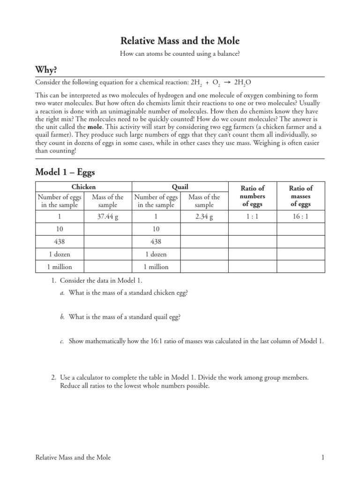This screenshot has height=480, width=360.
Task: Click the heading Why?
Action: click(x=46, y=70)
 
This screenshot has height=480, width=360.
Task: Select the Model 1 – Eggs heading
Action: click(x=65, y=172)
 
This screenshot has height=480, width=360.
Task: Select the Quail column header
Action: click(x=180, y=187)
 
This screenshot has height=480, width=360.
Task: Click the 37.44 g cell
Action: click(x=108, y=217)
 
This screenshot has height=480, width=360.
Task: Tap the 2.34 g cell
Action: click(x=204, y=217)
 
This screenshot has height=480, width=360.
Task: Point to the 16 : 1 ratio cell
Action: click(x=300, y=217)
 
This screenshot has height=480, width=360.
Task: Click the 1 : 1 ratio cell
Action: click(x=252, y=217)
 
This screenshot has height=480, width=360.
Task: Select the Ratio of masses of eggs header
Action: click(x=300, y=196)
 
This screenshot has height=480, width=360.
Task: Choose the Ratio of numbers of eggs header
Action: click(x=252, y=196)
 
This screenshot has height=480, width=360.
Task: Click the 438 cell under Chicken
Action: click(x=60, y=241)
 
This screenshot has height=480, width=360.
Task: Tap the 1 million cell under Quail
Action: click(x=156, y=267)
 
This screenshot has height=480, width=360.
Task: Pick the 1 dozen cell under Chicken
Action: click(x=60, y=254)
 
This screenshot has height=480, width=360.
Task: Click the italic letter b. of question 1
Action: click(x=62, y=317)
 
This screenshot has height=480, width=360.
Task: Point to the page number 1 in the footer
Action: click(x=323, y=457)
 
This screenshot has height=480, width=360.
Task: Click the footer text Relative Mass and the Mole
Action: click(x=73, y=457)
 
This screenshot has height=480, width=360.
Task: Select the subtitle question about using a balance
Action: click(x=180, y=54)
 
